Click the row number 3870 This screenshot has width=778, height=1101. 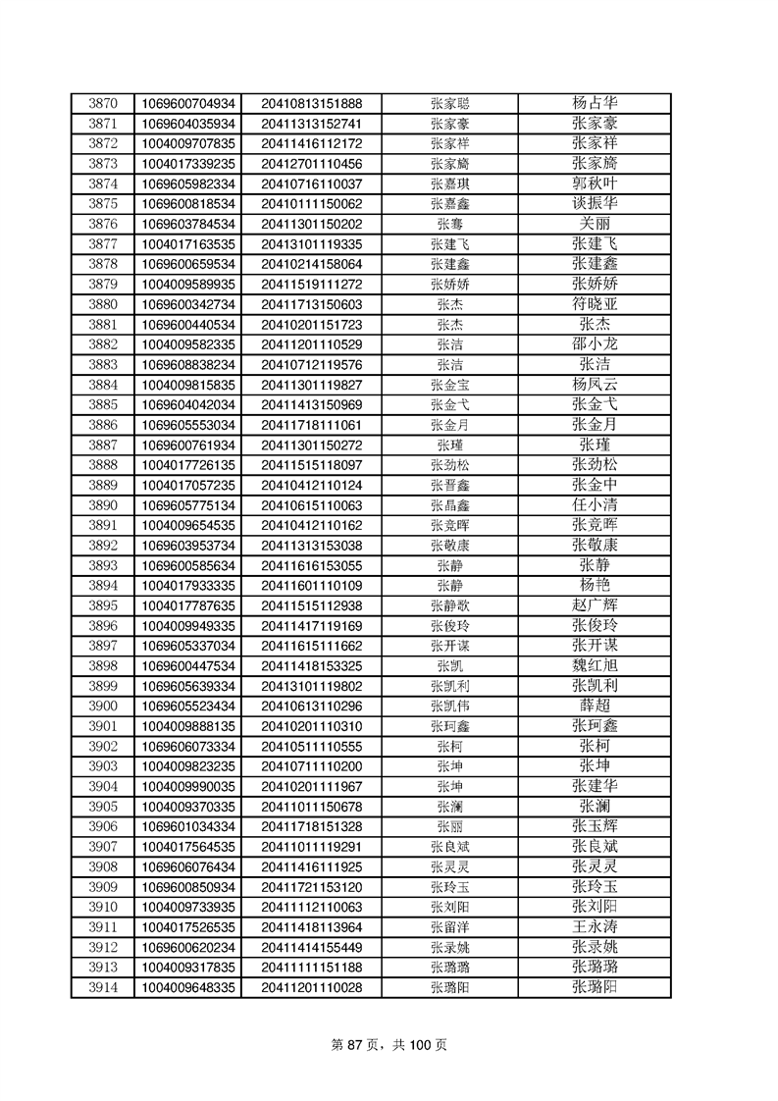point(103,103)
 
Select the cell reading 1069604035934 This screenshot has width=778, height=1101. point(188,124)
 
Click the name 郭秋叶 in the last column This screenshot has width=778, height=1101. point(595,183)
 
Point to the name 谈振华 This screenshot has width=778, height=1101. point(595,204)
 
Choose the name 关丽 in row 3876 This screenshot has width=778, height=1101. point(595,224)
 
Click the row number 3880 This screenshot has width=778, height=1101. point(103,304)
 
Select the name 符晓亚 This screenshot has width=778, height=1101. point(595,304)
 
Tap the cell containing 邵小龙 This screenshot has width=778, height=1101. point(595,344)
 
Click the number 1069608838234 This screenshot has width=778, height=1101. point(188,364)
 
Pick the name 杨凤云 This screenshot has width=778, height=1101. point(595,385)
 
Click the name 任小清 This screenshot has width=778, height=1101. point(595,505)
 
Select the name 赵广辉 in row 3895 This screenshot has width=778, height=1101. point(595,605)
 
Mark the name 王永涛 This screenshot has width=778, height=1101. point(595,927)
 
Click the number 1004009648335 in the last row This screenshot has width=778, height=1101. point(188,987)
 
